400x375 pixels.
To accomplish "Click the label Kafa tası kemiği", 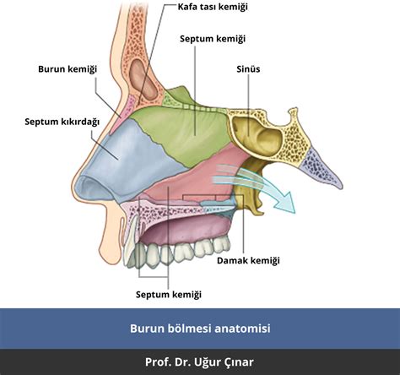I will (213, 7).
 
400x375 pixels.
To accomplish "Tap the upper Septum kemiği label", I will (214, 39).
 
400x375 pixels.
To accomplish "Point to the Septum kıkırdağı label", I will (62, 122).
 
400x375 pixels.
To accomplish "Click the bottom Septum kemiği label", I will (169, 295).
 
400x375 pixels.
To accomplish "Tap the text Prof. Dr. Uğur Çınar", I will (200, 362).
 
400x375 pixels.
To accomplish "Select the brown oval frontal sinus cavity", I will (138, 80).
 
